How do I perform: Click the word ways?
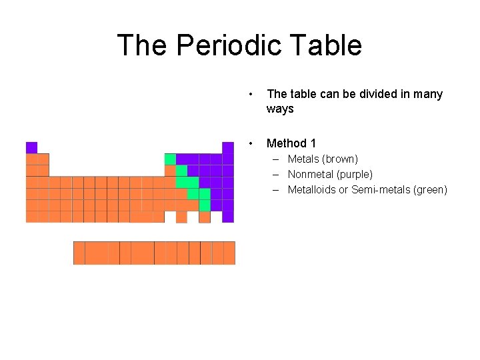click(280, 109)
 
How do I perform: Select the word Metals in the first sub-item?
click(303, 159)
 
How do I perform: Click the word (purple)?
click(357, 174)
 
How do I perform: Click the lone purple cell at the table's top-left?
click(31, 147)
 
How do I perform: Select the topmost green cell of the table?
click(170, 159)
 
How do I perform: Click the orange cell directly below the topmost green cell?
click(170, 171)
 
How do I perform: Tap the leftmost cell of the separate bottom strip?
click(79, 253)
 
